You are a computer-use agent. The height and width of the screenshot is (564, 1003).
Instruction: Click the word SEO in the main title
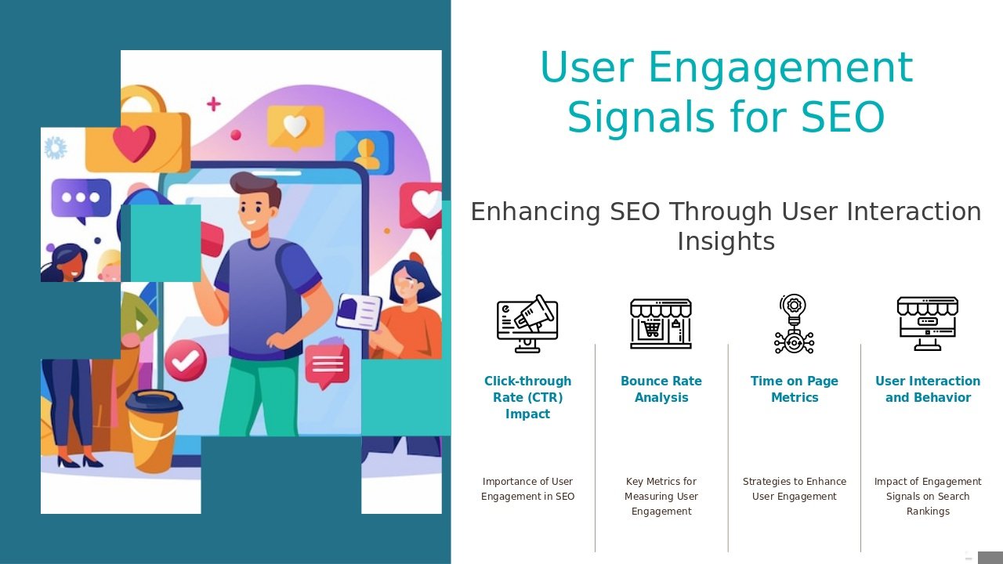pos(842,117)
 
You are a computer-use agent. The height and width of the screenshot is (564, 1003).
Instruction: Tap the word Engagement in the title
pos(780,67)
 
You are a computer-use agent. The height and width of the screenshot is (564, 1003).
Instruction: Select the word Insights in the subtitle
pos(726,241)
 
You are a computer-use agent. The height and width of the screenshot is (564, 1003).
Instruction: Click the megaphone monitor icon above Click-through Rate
pos(527,324)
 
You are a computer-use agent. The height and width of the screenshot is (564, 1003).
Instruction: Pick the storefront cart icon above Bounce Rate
pos(661,324)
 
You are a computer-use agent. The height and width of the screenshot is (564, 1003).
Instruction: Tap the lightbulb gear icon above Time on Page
pos(794,324)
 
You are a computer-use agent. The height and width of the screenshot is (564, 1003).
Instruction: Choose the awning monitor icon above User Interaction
pos(927,324)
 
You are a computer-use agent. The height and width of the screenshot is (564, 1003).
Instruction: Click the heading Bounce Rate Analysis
pos(661,389)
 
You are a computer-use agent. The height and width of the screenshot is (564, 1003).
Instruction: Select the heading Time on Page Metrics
pos(795,389)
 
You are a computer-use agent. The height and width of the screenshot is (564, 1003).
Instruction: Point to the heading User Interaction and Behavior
pos(928,389)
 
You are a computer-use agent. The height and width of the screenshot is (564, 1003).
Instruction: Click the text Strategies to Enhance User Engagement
pos(795,489)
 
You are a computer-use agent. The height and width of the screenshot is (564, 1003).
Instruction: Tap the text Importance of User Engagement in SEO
pos(527,489)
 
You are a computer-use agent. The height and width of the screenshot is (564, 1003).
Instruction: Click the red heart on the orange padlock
pos(134,143)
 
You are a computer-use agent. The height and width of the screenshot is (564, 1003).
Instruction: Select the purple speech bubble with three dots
pos(81,199)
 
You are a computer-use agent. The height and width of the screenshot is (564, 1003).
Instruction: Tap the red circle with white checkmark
pos(186,360)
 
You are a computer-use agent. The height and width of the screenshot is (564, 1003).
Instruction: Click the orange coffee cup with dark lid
pos(154,431)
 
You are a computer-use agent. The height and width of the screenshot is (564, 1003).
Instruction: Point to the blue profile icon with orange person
pos(365,152)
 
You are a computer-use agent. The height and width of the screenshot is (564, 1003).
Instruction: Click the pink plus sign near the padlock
pos(214,104)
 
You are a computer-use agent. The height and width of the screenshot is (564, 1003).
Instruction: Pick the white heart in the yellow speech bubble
pos(295,126)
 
